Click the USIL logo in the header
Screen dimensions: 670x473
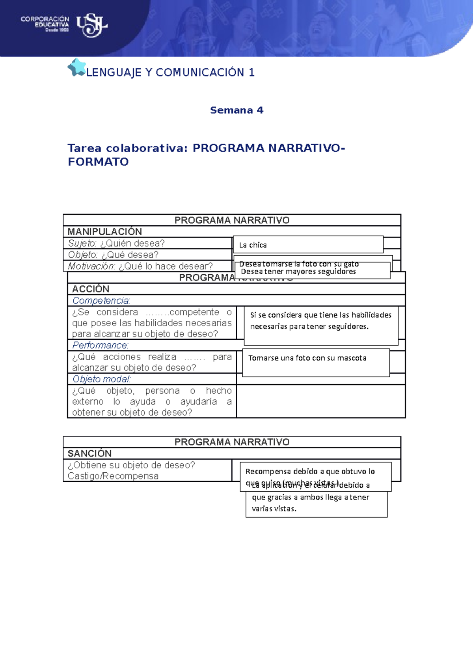tap(91, 25)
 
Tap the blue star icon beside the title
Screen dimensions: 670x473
tap(76, 67)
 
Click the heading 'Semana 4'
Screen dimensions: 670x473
tap(236, 110)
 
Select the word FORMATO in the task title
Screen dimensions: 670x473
tap(98, 162)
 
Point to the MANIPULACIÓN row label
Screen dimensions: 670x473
tap(104, 232)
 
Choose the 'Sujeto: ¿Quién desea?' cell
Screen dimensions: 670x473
tap(116, 243)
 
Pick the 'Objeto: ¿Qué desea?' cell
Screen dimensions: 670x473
tap(113, 255)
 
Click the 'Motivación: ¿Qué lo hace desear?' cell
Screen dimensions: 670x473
tap(140, 266)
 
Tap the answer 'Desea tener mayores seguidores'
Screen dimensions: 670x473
tap(298, 271)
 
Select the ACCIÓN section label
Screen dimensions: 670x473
tap(91, 289)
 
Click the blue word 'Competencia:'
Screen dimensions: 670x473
tap(101, 301)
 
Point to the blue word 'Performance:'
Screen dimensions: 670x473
tap(100, 345)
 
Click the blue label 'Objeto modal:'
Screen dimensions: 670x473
tap(101, 379)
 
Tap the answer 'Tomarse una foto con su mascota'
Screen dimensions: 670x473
tap(307, 358)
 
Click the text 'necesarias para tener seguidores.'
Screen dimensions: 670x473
tap(309, 326)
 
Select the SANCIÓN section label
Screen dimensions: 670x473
tap(89, 453)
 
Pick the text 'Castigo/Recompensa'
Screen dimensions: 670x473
tap(113, 476)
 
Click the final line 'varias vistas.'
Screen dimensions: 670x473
tap(274, 509)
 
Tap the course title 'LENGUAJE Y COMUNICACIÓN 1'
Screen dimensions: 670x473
tap(170, 73)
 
